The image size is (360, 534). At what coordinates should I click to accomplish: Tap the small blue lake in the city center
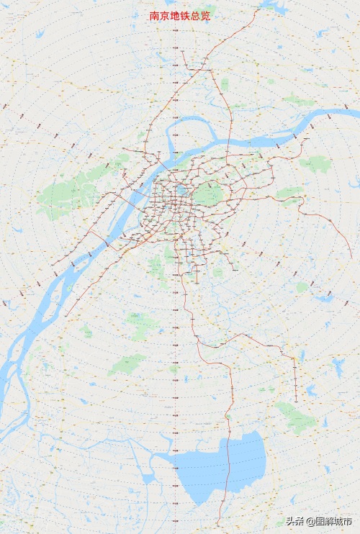pyautogui.click(x=181, y=191)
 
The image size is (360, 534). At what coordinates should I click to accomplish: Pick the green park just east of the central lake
pyautogui.click(x=209, y=193)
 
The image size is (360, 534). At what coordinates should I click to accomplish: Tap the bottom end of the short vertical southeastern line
pyautogui.click(x=295, y=402)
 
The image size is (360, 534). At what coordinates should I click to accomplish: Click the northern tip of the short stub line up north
pyautogui.click(x=182, y=51)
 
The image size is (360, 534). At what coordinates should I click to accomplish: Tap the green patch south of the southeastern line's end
pyautogui.click(x=295, y=417)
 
